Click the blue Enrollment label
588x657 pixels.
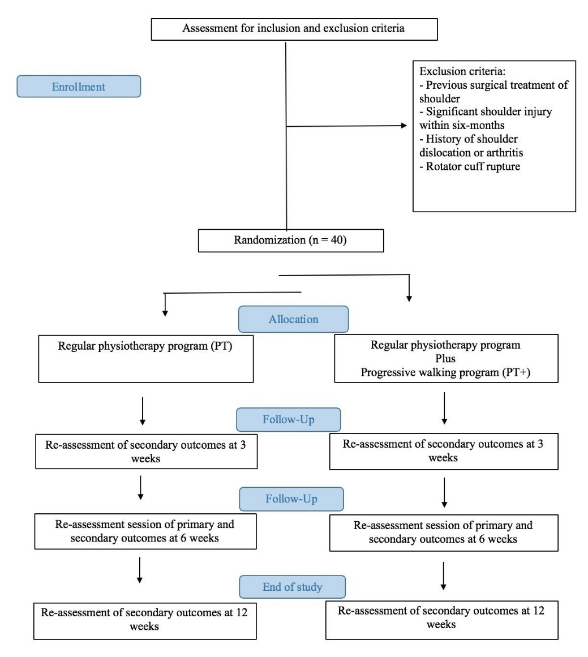pyautogui.click(x=79, y=87)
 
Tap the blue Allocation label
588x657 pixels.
pyautogui.click(x=293, y=319)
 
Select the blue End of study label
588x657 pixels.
pyautogui.click(x=293, y=587)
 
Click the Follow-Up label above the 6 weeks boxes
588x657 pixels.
pyautogui.click(x=291, y=499)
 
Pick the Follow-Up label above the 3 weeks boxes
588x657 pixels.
pyautogui.click(x=289, y=419)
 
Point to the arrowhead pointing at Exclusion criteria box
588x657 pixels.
pyautogui.click(x=405, y=125)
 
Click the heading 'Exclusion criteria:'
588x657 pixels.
pyautogui.click(x=462, y=71)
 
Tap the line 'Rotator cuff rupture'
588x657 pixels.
pyautogui.click(x=470, y=166)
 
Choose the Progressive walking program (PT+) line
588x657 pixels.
pyautogui.click(x=445, y=372)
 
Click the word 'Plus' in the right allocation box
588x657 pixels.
pyautogui.click(x=445, y=359)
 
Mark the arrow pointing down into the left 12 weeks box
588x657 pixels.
pyautogui.click(x=140, y=570)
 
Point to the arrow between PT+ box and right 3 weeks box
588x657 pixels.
pyautogui.click(x=444, y=408)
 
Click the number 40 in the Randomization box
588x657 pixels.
pyautogui.click(x=337, y=240)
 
